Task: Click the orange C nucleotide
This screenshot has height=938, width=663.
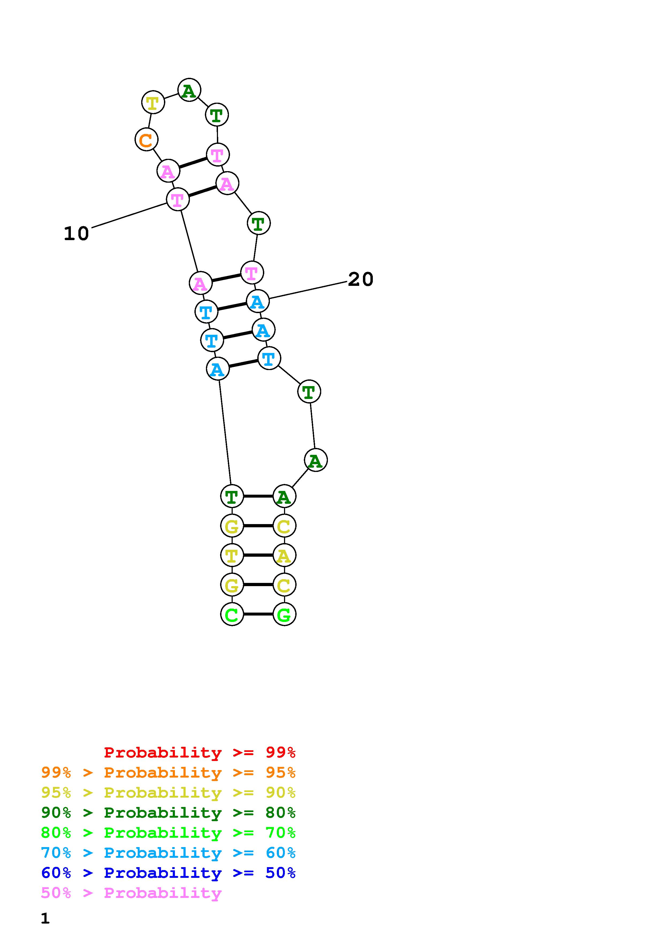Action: (x=146, y=139)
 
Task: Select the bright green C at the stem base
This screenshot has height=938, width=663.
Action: (x=232, y=614)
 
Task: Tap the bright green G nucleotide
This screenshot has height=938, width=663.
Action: (x=284, y=614)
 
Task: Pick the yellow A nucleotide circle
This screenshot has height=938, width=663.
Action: (x=284, y=555)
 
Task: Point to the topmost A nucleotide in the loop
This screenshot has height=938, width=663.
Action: (x=189, y=90)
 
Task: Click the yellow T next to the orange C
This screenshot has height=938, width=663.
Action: (x=153, y=102)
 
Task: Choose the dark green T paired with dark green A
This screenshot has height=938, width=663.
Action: (x=232, y=496)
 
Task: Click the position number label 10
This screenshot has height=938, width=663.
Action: (x=76, y=234)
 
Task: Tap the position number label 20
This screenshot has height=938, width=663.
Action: (x=361, y=279)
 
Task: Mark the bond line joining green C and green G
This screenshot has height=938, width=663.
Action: (x=258, y=614)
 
